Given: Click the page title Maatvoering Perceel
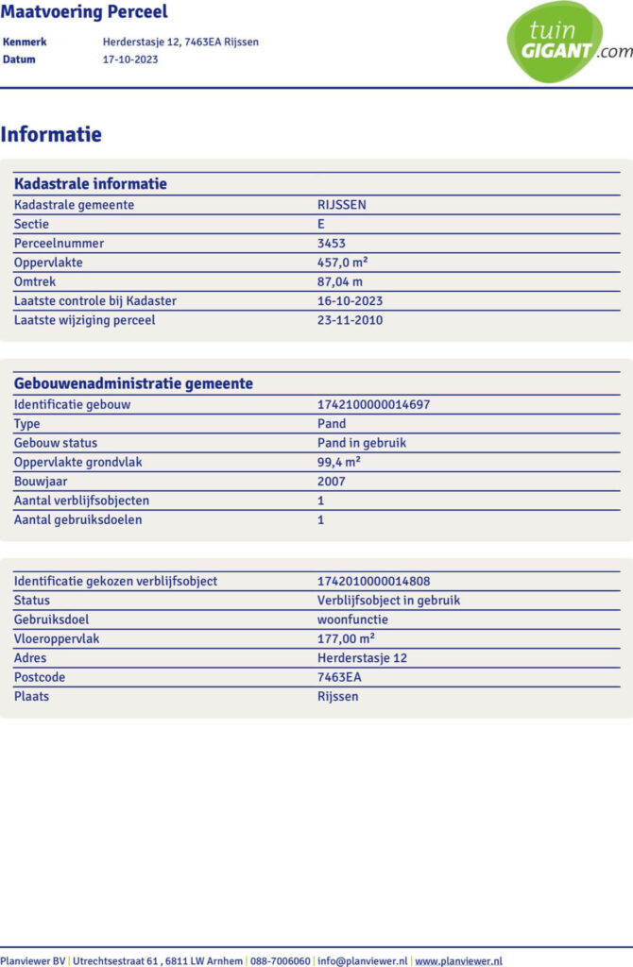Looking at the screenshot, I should [84, 12].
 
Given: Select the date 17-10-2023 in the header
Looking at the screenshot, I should [130, 59].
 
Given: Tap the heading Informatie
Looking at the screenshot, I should [51, 135].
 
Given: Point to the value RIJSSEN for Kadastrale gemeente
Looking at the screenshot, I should [342, 205].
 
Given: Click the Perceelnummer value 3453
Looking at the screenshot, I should [331, 244].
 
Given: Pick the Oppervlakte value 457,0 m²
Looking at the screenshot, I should [341, 263].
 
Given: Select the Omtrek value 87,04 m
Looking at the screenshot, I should [340, 281].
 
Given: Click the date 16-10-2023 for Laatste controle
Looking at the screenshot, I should [350, 301].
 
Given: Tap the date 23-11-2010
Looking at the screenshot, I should [350, 320].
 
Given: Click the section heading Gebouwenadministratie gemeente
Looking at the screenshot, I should [133, 383].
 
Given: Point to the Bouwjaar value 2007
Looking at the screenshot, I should [332, 482].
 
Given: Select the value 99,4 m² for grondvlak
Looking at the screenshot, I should [338, 462].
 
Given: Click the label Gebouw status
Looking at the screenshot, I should [56, 443].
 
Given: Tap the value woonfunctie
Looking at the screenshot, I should [352, 619].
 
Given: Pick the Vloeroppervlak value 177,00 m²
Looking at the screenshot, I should [346, 639].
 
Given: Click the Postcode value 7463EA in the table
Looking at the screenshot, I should [339, 677].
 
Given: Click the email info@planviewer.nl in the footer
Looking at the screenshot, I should [363, 961].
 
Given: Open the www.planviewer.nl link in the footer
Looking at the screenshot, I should [458, 961].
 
